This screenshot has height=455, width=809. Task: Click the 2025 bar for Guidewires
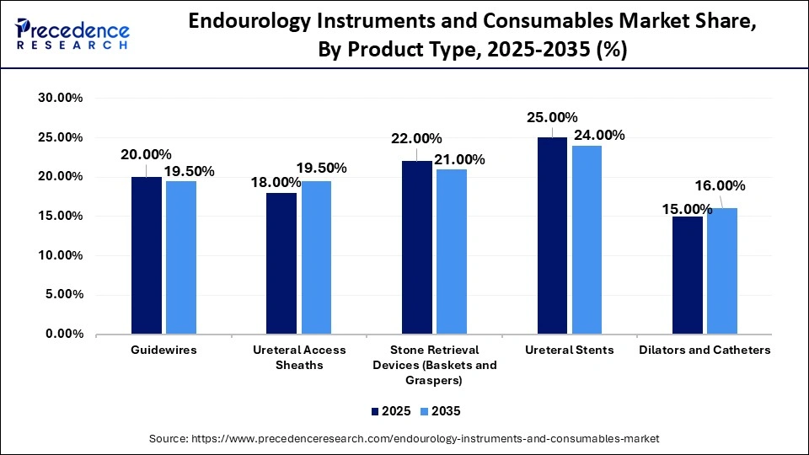point(147,255)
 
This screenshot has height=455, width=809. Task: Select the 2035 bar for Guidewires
point(181,258)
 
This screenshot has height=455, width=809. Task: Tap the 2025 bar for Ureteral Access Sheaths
point(281,263)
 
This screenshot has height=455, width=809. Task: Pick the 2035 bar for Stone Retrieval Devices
point(452,252)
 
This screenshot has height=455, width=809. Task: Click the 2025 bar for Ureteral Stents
point(553,236)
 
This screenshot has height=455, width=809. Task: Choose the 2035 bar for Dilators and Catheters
point(722,271)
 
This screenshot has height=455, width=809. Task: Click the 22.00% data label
point(415,139)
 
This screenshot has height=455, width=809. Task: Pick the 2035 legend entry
point(440,411)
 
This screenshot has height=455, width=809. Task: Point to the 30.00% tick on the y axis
point(60,98)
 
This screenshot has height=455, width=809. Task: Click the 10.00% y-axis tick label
point(60,255)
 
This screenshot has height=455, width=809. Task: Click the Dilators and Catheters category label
point(705,350)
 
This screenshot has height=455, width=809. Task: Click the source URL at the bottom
point(404,439)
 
